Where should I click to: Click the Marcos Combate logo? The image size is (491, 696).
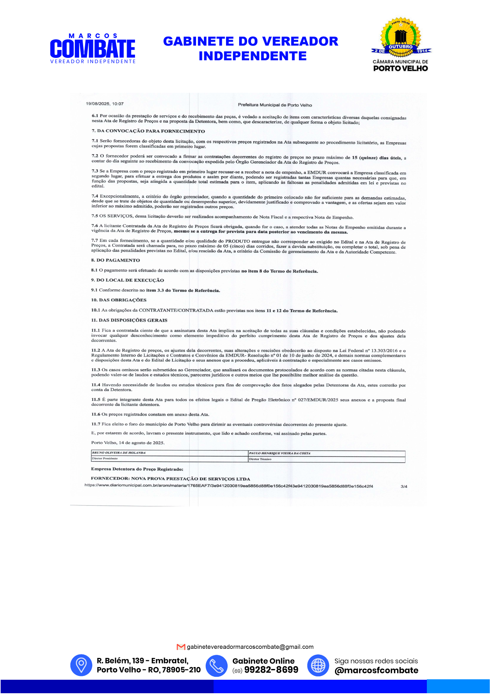click(93, 49)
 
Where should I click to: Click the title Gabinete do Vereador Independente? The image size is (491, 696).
click(251, 48)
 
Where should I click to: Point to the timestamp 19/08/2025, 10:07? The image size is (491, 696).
click(105, 104)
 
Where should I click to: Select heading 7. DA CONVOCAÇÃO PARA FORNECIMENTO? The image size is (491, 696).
click(148, 131)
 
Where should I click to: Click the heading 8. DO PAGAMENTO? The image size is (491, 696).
click(115, 260)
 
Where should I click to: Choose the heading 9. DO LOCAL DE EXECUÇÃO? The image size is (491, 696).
click(127, 280)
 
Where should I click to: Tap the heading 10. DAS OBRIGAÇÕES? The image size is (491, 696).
click(118, 300)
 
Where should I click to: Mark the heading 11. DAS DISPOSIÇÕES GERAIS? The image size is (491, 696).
click(129, 320)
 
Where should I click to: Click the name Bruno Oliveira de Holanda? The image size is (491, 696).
click(119, 452)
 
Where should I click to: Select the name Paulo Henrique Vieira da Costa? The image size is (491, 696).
click(280, 453)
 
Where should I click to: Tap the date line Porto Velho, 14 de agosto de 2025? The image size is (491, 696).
click(128, 443)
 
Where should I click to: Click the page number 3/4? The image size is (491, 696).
click(404, 486)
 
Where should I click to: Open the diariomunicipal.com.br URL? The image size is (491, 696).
click(228, 486)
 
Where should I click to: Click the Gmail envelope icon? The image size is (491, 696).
click(181, 647)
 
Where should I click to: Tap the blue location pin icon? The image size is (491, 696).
click(81, 665)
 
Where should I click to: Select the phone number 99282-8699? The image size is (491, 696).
click(271, 670)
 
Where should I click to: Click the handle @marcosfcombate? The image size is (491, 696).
click(376, 670)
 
